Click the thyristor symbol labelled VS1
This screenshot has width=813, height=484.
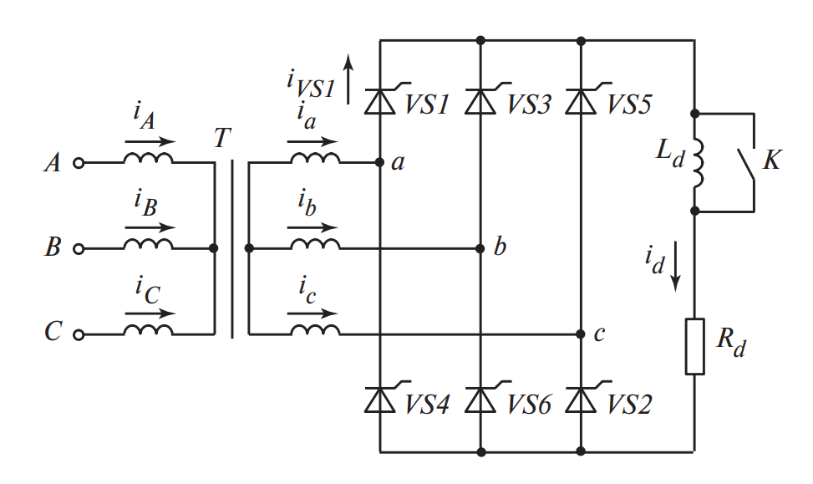(x=380, y=101)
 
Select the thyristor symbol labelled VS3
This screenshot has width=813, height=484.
(x=480, y=101)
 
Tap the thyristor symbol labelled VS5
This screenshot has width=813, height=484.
(x=581, y=101)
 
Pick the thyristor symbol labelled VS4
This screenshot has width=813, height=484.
(x=380, y=400)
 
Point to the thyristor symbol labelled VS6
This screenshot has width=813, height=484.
(x=480, y=400)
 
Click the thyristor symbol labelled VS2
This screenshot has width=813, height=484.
(x=581, y=400)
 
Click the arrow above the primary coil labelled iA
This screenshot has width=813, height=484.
(x=150, y=142)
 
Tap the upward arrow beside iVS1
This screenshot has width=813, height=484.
(x=349, y=75)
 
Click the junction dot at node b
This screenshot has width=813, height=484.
(x=480, y=248)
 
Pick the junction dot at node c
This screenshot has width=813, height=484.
(x=581, y=334)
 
